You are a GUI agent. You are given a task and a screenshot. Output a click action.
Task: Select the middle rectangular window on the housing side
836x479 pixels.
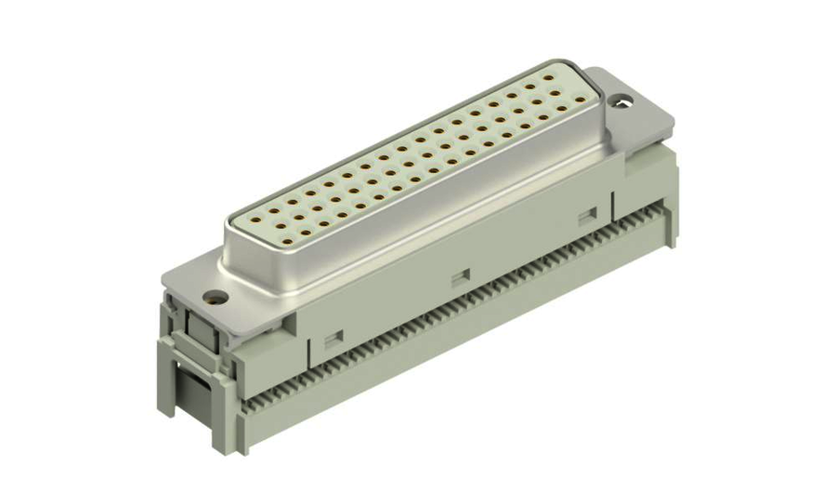point(459,275)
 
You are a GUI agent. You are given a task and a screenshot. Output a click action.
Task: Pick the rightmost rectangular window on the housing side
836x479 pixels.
point(585,216)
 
